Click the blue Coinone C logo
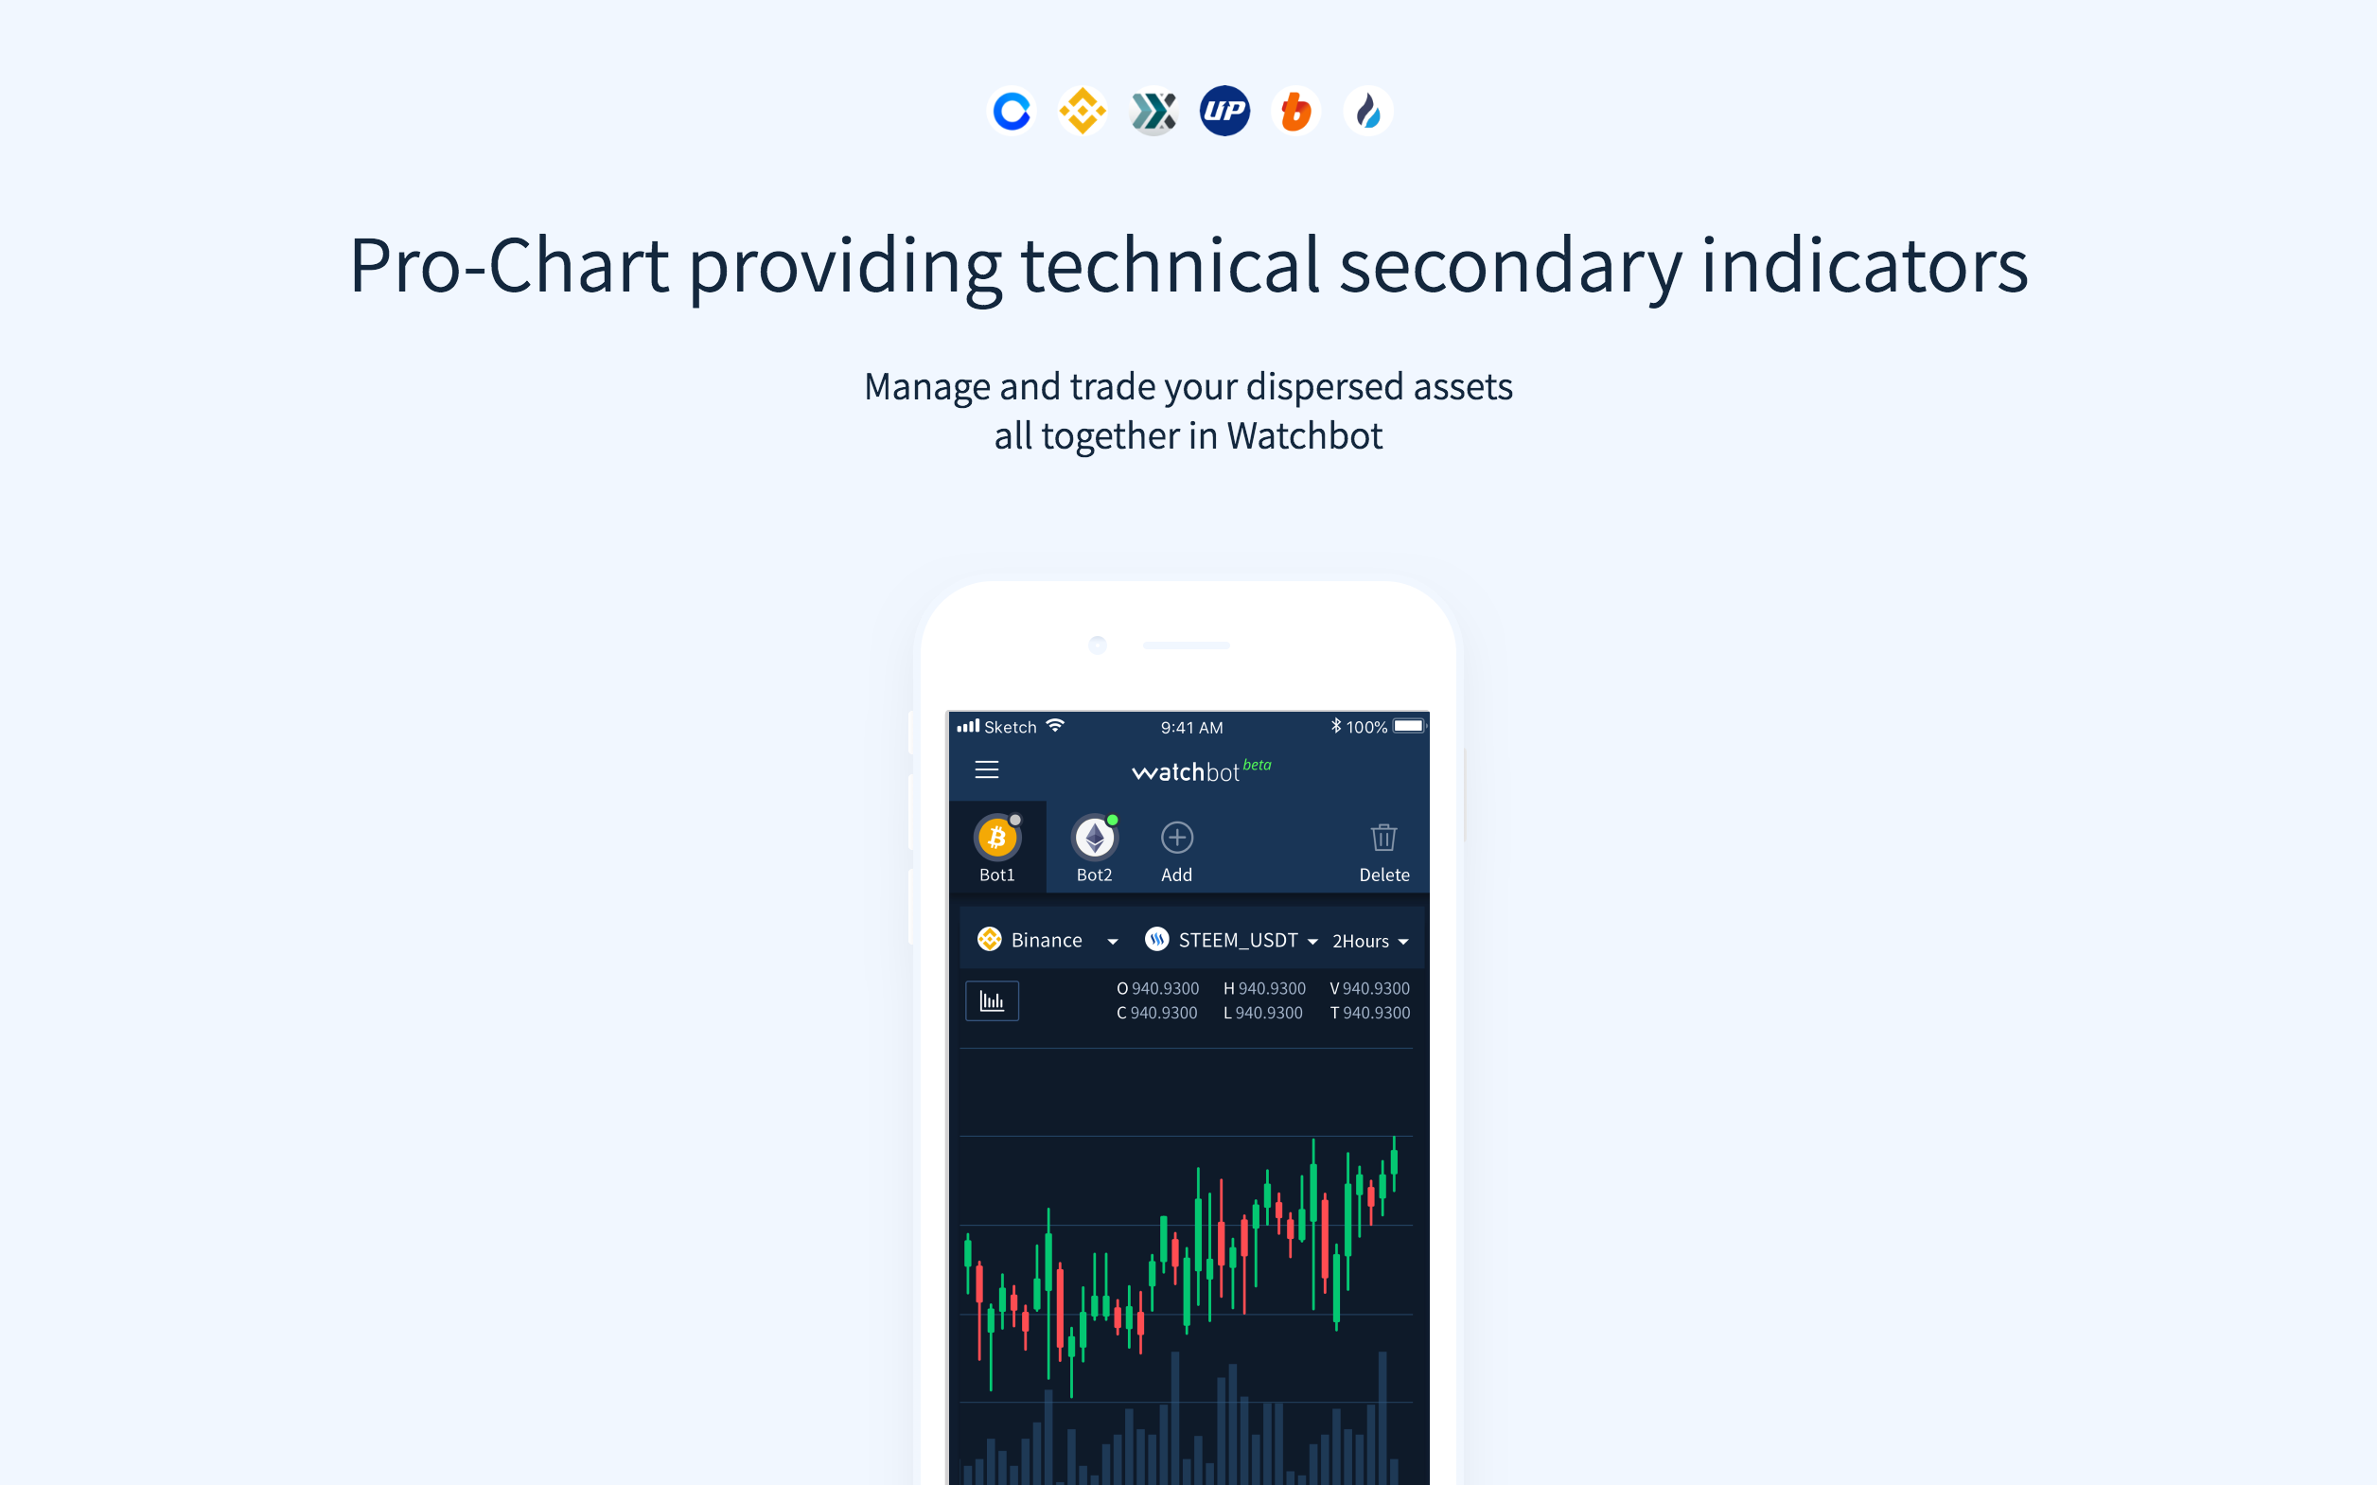point(1012,111)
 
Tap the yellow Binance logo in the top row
point(1082,111)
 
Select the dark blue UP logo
point(1224,111)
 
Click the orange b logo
point(1296,111)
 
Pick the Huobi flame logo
point(1367,111)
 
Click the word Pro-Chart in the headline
point(508,266)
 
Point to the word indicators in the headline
point(1863,266)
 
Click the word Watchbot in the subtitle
point(1304,436)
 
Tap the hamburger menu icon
point(987,770)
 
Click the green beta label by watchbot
point(1257,765)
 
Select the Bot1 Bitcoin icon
point(996,839)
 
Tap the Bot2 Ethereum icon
point(1094,839)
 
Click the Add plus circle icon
point(1176,838)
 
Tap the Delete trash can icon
point(1383,838)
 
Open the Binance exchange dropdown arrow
point(1113,942)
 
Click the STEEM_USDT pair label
point(1237,941)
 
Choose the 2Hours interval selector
point(1369,942)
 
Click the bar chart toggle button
point(992,1000)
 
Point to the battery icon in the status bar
point(1408,727)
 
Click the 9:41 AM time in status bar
point(1191,728)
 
